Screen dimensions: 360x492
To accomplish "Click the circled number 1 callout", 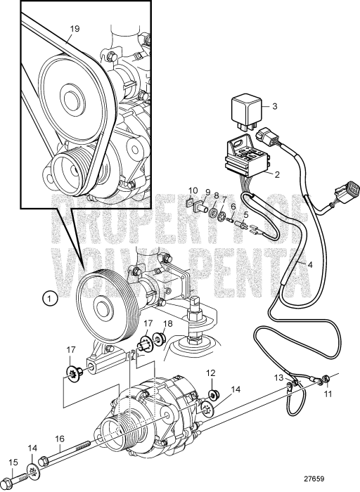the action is [50, 298].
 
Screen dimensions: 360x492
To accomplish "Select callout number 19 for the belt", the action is [75, 29].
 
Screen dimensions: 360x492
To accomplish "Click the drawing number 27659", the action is [314, 479].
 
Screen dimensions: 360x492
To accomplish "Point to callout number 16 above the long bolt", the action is [60, 439].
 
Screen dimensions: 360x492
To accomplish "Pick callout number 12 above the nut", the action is [211, 373].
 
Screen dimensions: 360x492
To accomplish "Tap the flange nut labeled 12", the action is [214, 393].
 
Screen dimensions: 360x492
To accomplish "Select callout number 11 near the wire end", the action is [328, 394].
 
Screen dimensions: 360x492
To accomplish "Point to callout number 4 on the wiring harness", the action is [310, 264].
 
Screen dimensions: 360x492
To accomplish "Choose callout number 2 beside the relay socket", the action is [277, 174].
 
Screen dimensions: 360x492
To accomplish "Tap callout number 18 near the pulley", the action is [168, 323].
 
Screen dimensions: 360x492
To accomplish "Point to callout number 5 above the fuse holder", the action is [246, 214].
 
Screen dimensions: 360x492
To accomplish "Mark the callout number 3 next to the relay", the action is [275, 106].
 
